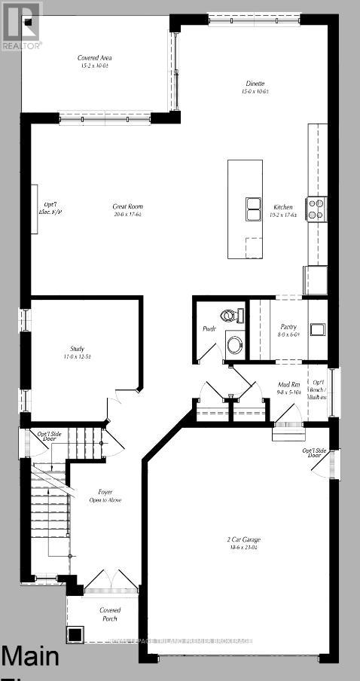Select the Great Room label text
coord(127,210)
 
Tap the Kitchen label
coord(283,210)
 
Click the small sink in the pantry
coord(316,328)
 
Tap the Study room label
coord(77,352)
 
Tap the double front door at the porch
coord(100,581)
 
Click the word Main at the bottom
coord(30,657)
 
